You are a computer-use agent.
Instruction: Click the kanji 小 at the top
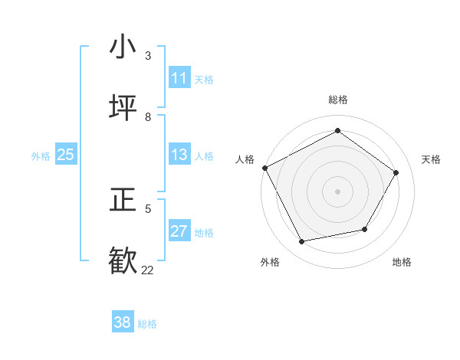(x=123, y=47)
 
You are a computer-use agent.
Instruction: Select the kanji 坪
(x=123, y=108)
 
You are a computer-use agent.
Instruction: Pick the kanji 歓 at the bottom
(x=123, y=261)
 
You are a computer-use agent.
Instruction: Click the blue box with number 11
(x=179, y=78)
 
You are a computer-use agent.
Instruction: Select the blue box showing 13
(x=179, y=155)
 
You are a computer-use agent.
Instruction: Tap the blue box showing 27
(x=179, y=231)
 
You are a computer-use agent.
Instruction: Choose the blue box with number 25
(x=66, y=155)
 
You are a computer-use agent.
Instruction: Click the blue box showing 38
(x=123, y=322)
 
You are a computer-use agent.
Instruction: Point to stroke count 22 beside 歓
(x=147, y=270)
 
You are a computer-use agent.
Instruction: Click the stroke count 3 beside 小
(x=148, y=55)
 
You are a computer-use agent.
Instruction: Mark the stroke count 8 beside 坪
(x=148, y=116)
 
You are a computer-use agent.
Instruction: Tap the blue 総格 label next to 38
(x=147, y=324)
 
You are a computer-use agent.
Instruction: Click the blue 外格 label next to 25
(x=41, y=156)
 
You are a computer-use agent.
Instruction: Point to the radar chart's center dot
(x=337, y=191)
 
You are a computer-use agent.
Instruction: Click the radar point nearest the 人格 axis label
(x=264, y=168)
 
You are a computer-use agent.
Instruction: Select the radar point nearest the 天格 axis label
(x=396, y=172)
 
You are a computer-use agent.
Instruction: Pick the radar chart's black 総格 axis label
(x=337, y=100)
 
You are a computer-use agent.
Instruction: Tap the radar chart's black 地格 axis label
(x=402, y=262)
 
